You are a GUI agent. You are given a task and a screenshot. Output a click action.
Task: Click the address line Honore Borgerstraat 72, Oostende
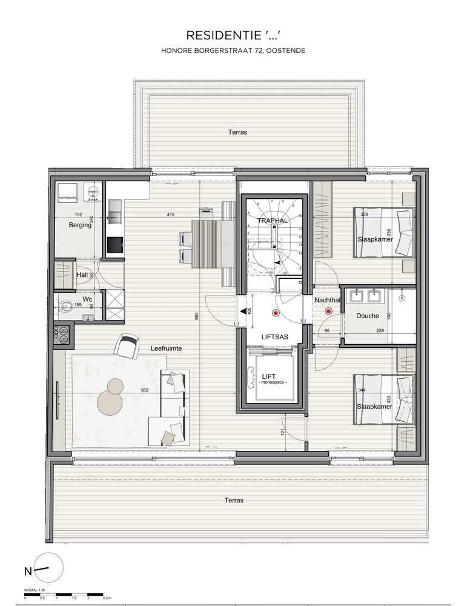233,52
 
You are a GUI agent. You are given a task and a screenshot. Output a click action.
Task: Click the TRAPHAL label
272,221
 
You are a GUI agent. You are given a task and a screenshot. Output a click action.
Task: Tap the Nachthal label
328,300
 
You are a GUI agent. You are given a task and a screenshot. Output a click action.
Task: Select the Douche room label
367,316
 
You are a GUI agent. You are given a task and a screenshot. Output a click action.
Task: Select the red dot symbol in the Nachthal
328,312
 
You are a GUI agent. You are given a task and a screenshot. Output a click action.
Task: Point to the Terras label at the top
237,132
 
